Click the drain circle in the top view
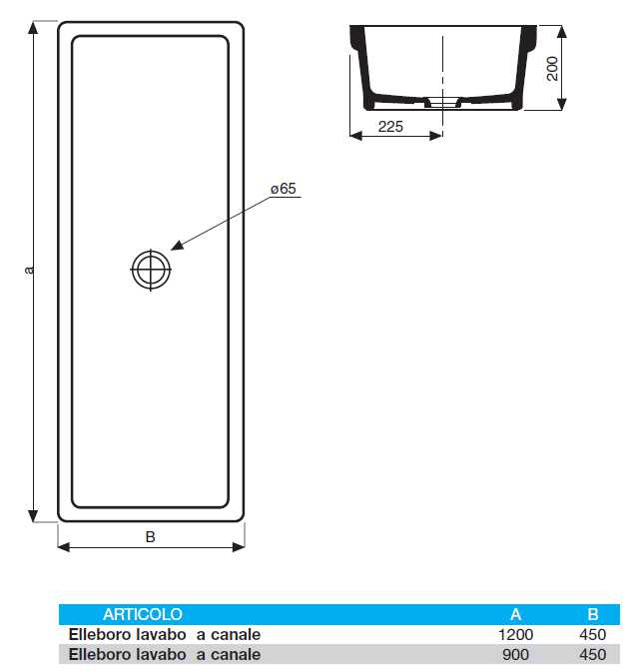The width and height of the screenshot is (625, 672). (150, 270)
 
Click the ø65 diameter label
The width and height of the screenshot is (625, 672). (284, 189)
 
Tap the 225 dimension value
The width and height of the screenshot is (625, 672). (390, 126)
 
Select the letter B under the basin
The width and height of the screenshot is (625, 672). (151, 536)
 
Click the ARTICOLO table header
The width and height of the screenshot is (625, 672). (143, 614)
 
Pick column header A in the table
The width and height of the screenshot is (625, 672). (515, 614)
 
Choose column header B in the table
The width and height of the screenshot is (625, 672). (592, 614)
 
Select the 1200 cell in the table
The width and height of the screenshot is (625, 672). (516, 634)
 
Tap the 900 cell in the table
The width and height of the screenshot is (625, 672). (516, 654)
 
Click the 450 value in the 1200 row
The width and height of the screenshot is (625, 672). (592, 634)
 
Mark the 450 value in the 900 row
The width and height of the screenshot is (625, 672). (592, 654)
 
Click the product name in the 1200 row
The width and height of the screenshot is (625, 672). (165, 634)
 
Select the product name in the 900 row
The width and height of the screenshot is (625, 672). (165, 654)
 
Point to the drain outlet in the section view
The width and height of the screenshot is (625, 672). (440, 102)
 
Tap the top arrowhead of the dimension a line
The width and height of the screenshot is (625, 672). (35, 27)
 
